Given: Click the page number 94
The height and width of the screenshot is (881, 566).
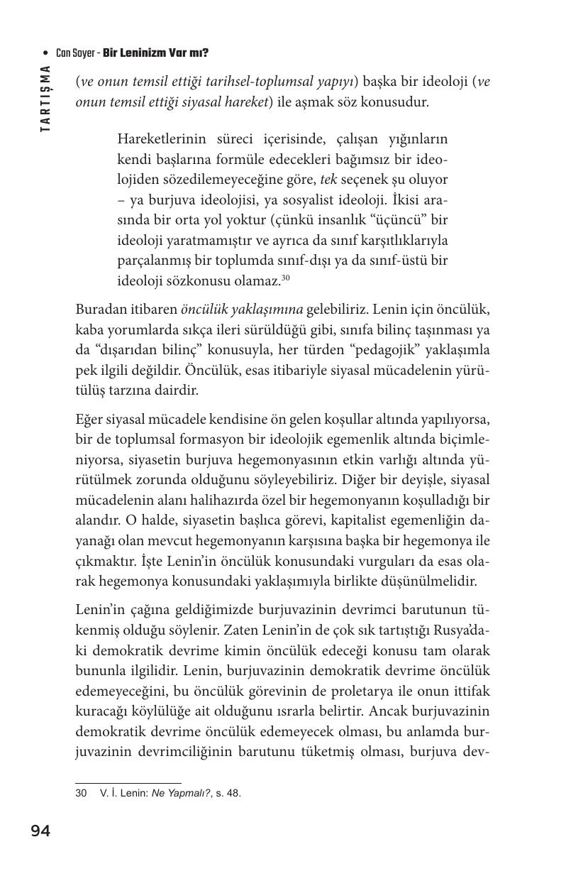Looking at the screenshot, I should tap(40, 831).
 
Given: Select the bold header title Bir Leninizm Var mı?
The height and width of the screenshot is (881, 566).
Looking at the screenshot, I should tap(155, 53).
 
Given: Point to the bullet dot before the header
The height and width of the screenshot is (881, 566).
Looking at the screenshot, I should tap(46, 53).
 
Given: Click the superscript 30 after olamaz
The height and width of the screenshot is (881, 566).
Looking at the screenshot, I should tap(286, 278).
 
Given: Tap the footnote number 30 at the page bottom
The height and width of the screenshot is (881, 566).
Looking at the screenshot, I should tap(81, 793).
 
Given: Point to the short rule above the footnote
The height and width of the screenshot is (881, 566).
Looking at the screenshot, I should tap(128, 782).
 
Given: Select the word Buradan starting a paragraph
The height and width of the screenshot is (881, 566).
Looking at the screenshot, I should tap(99, 310).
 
